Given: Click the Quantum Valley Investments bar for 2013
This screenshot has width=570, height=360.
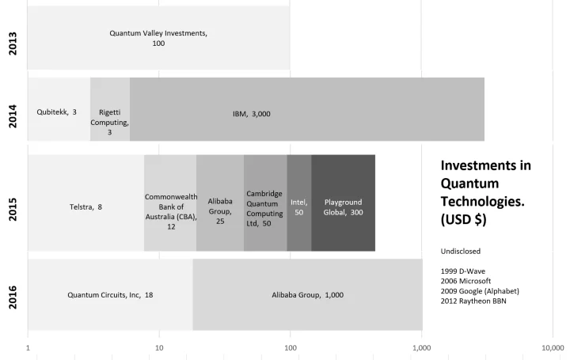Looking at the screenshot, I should click(158, 38).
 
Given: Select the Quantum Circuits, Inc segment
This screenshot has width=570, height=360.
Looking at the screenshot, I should click(110, 294).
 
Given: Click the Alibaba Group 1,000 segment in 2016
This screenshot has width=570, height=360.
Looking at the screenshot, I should click(307, 294).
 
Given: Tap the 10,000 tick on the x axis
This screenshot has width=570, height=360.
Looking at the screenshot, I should click(552, 347).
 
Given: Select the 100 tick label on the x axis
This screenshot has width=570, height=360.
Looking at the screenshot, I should click(291, 347).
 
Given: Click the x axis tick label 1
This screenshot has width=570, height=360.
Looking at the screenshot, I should click(28, 347).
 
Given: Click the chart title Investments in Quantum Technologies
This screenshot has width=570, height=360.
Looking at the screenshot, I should click(484, 191).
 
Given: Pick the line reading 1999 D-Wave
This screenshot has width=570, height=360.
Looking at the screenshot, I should click(469, 271).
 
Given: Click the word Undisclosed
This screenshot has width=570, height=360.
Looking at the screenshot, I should click(461, 251).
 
